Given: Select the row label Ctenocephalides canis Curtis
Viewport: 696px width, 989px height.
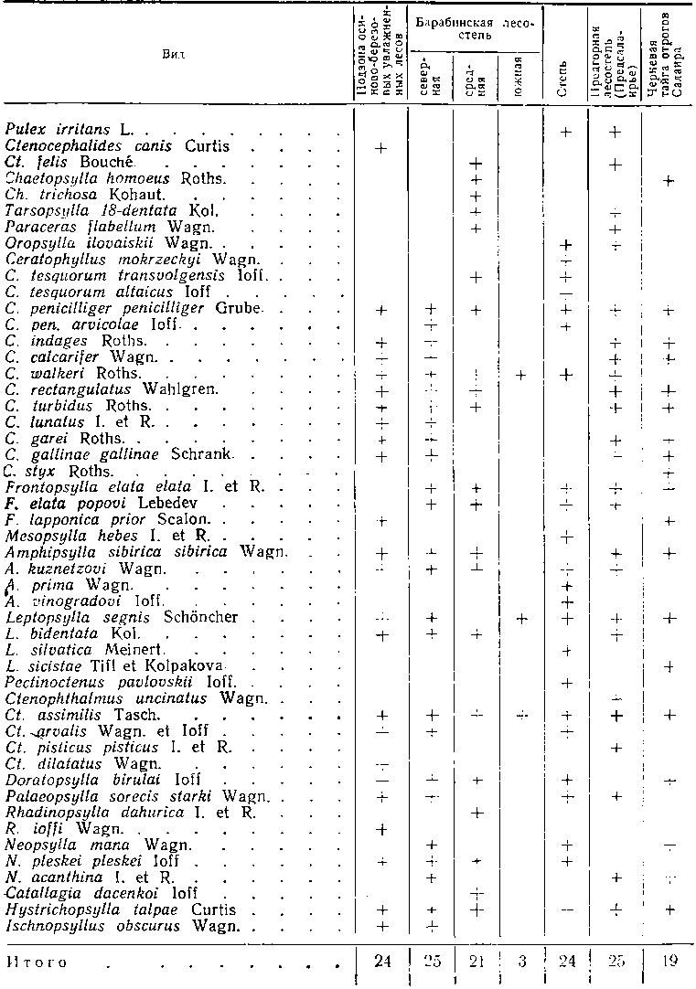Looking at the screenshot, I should point(116,146).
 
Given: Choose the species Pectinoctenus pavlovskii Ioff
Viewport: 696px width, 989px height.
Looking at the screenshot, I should point(122,682).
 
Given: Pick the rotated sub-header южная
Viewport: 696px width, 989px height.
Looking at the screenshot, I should point(518,69).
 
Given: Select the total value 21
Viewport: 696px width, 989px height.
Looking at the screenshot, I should point(475,962).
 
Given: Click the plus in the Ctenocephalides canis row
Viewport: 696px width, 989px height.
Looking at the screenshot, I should point(381,147).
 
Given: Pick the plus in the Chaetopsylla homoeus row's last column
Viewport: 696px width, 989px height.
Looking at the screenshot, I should point(669,181).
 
